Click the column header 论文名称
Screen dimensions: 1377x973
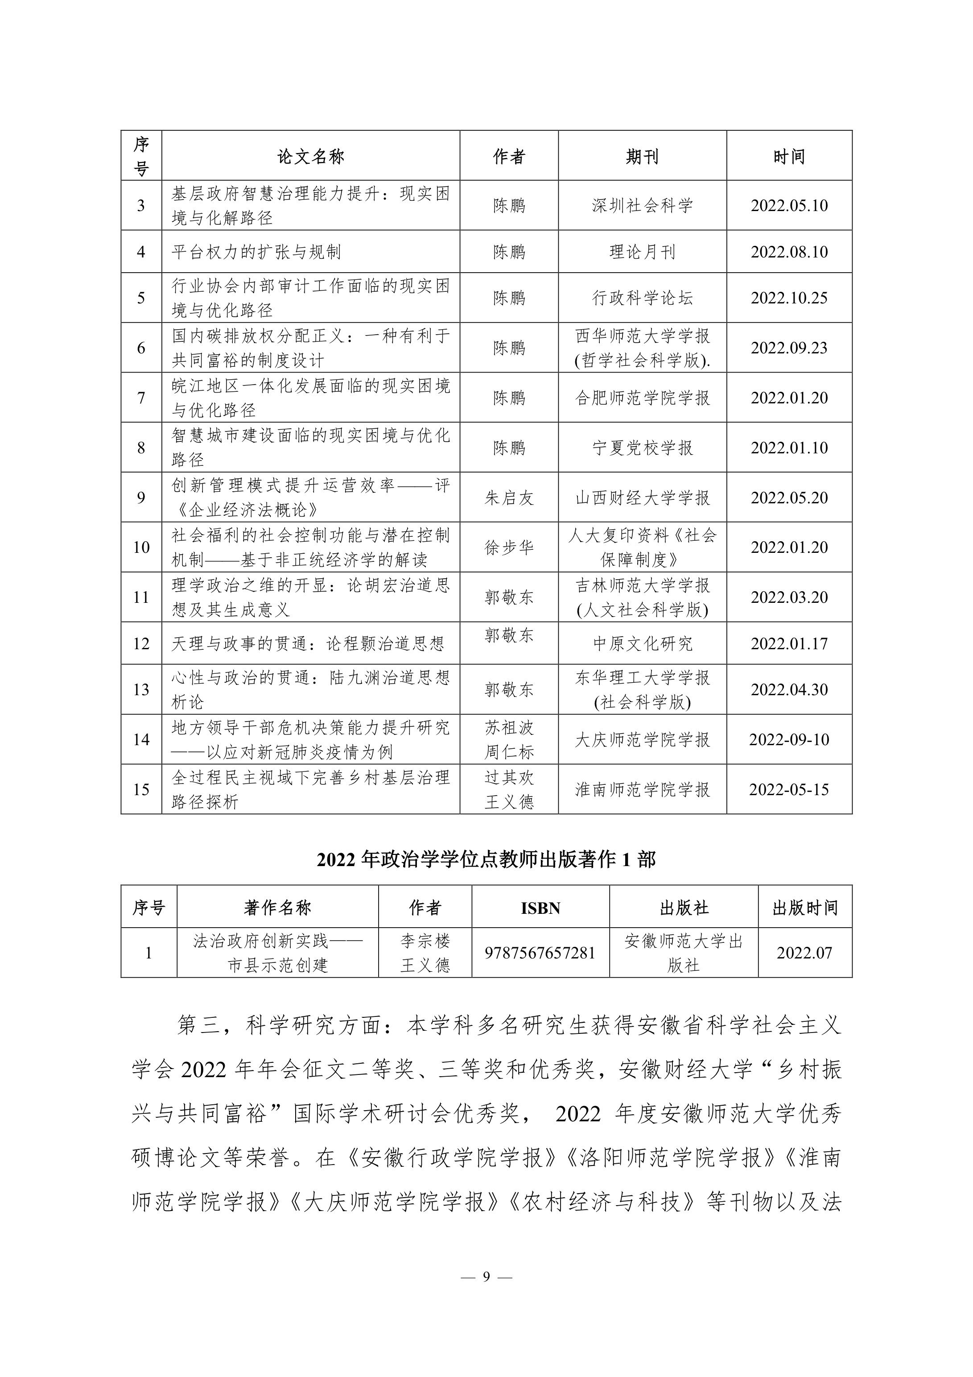(310, 157)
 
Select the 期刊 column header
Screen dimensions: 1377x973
(642, 157)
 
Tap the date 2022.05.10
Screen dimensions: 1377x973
(789, 206)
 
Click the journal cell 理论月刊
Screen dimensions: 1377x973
(642, 252)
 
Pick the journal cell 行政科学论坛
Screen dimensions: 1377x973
(642, 298)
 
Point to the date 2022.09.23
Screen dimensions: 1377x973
(789, 348)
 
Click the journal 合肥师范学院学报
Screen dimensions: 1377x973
(642, 398)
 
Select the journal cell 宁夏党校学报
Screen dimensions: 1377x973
(642, 448)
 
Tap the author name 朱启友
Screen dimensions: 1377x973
(509, 497)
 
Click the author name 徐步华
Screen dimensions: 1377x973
(509, 547)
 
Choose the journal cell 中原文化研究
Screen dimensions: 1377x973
(642, 643)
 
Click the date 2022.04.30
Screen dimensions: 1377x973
(789, 690)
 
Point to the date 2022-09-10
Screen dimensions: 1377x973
(789, 739)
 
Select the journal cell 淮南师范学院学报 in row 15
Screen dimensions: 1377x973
(642, 789)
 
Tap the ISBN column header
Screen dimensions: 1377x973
(540, 908)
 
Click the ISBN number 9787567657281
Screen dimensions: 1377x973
(540, 953)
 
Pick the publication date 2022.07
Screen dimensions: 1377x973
(804, 953)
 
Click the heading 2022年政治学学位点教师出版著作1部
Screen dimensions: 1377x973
(486, 859)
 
